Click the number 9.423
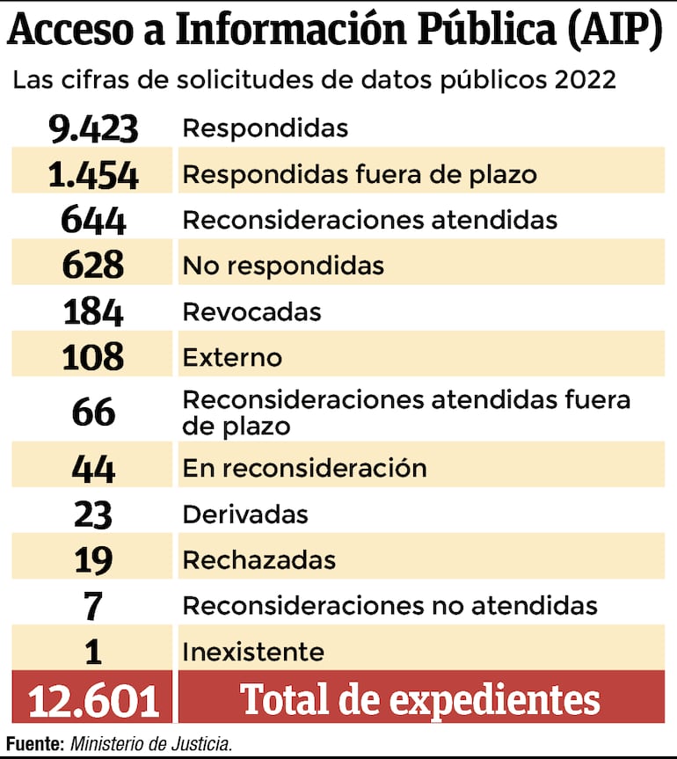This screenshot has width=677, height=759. tap(93, 128)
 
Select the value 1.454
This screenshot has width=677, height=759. tap(93, 174)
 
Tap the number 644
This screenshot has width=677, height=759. tap(93, 220)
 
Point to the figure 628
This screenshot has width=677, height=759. tap(93, 266)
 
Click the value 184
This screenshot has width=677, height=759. tap(93, 312)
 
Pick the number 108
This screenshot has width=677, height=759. tap(93, 358)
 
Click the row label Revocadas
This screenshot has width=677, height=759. tap(251, 312)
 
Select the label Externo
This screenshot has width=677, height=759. tap(232, 358)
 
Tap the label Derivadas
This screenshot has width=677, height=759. tap(245, 514)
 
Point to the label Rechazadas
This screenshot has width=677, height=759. tap(258, 560)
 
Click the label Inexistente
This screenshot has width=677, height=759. tap(253, 653)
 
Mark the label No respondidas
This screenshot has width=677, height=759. tap(283, 266)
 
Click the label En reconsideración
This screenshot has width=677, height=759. tap(304, 468)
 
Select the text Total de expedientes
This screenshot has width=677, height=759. tap(420, 700)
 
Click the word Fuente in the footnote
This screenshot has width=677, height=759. tap(34, 744)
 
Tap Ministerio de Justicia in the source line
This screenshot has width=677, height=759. tap(151, 744)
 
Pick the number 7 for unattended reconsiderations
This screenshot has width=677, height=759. tap(93, 606)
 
